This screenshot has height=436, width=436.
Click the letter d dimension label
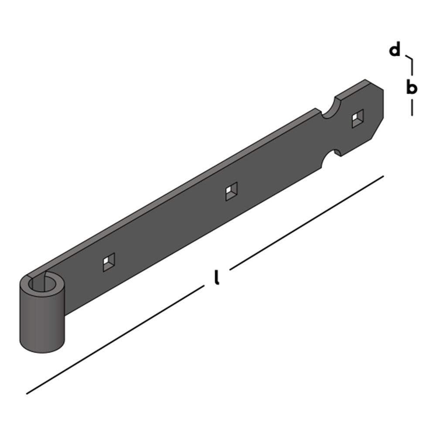[395, 51]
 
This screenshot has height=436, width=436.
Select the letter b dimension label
[412, 88]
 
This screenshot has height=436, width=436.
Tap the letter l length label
[217, 277]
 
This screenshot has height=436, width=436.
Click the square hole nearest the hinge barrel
[109, 262]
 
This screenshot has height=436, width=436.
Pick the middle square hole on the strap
[232, 191]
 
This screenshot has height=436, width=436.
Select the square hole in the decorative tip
[358, 118]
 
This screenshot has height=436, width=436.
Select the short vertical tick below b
[412, 108]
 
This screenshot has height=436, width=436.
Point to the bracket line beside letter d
[410, 63]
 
